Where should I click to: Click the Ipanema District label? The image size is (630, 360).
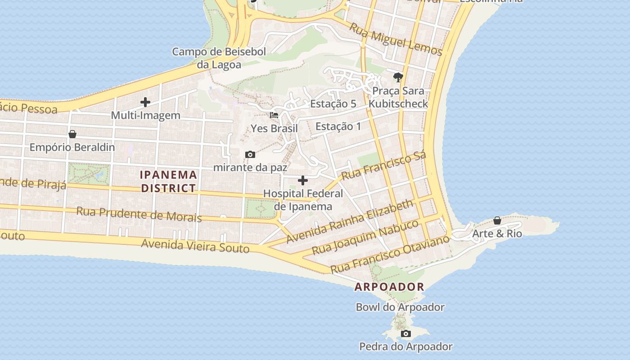click(x=168, y=181)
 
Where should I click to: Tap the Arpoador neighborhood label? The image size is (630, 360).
click(x=389, y=287)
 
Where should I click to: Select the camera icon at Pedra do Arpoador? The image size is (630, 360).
click(x=406, y=333)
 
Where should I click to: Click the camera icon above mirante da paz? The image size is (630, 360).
click(x=250, y=154)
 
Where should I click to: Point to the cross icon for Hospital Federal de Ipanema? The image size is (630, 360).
click(x=303, y=180)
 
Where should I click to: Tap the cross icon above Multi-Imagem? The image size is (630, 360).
click(x=145, y=102)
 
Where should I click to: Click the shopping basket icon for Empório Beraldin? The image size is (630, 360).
click(x=72, y=134)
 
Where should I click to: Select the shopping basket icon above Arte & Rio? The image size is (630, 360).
click(x=497, y=220)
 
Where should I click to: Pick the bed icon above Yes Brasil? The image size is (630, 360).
click(x=274, y=115)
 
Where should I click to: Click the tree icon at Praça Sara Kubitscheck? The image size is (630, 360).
click(x=398, y=77)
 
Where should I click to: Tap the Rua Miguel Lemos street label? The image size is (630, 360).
click(x=396, y=40)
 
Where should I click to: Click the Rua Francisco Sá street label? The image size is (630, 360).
click(x=383, y=166)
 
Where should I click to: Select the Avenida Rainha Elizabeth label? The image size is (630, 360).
click(x=349, y=221)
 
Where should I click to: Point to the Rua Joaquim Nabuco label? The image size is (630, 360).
click(x=365, y=237)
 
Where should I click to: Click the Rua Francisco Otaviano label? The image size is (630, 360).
click(x=390, y=254)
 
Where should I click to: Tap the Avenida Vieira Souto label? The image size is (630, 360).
click(x=195, y=246)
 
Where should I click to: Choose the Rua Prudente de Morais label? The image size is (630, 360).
click(x=139, y=214)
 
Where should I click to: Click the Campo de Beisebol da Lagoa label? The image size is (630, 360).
click(x=219, y=58)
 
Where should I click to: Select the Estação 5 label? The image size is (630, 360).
click(x=333, y=104)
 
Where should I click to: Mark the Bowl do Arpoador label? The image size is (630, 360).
click(x=400, y=307)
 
